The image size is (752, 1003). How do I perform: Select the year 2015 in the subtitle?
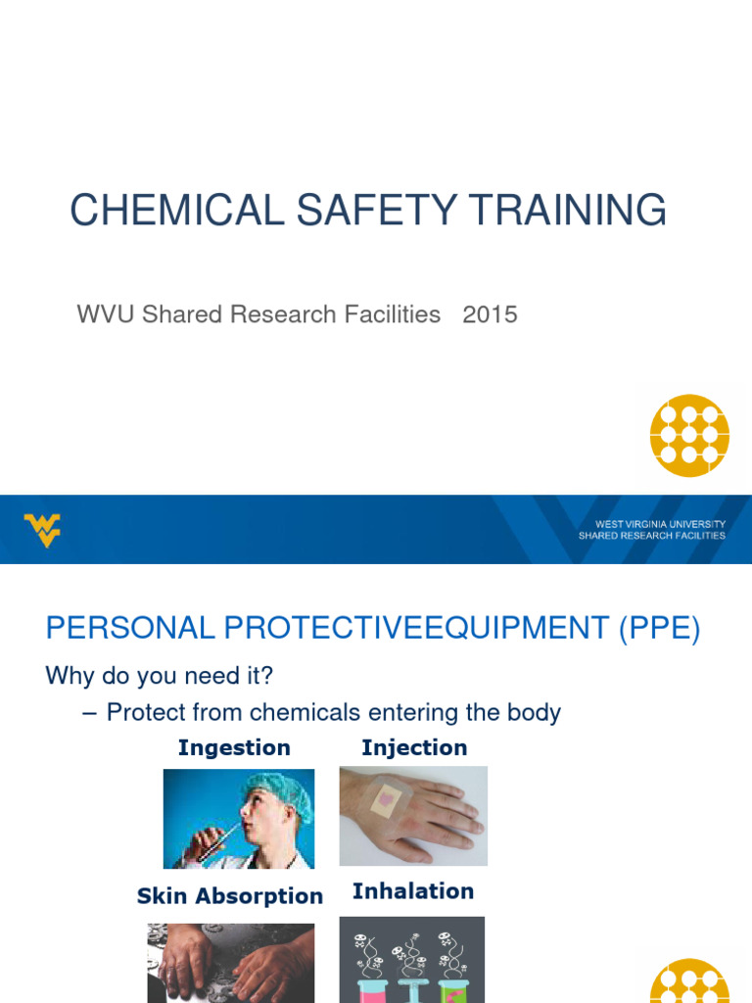click(x=490, y=314)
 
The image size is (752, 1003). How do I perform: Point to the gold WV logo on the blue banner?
click(x=42, y=530)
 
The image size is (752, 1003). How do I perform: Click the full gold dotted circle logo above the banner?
click(x=689, y=435)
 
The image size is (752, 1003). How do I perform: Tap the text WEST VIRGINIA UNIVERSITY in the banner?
click(x=652, y=524)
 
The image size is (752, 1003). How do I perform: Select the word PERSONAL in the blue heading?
click(x=117, y=629)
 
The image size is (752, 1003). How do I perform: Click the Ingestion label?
click(x=234, y=748)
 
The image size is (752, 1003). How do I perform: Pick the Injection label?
click(x=414, y=748)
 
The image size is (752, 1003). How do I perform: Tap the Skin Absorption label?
click(x=230, y=896)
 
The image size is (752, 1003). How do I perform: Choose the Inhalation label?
click(x=413, y=891)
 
